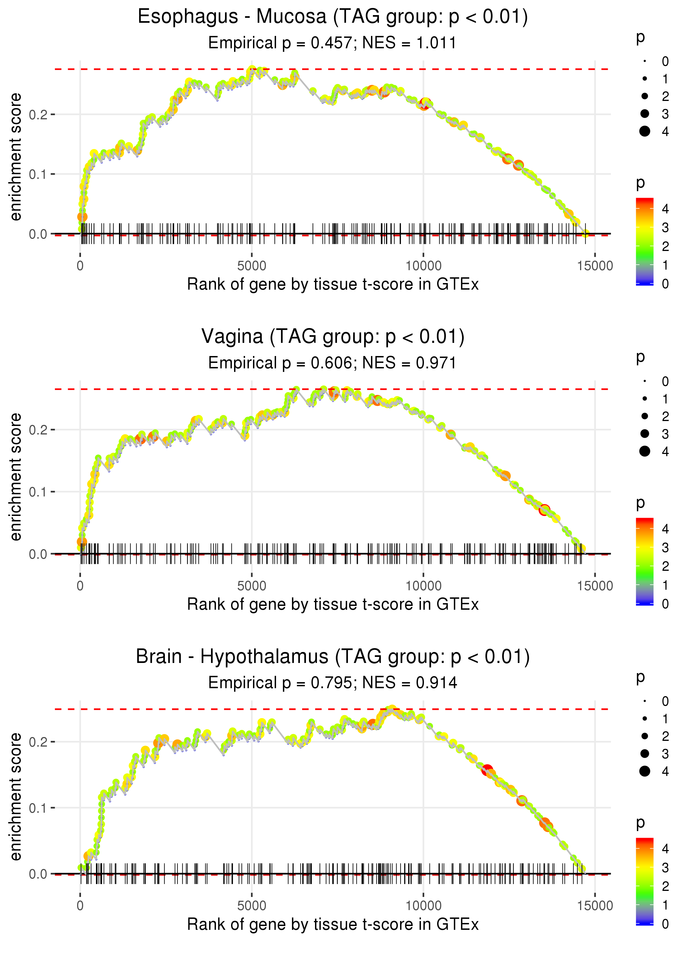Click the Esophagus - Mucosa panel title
333,17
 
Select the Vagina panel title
333,337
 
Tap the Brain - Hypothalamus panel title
333,657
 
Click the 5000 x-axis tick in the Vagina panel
252,586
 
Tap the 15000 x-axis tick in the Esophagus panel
595,266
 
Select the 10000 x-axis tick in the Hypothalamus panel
423,906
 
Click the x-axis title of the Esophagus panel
333,284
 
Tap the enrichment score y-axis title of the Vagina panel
16,477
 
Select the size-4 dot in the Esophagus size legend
645,131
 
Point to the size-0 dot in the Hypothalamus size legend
645,702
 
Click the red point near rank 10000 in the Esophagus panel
425,103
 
